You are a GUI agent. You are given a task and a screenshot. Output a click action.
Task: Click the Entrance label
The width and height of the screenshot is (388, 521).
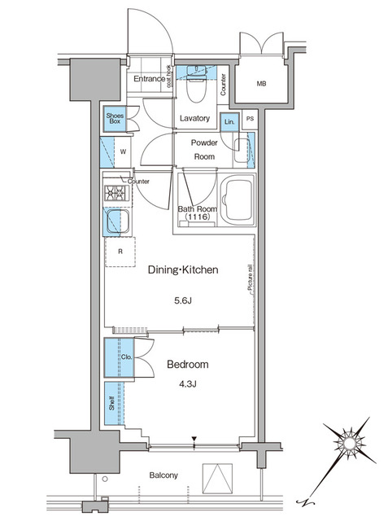coord(149,79)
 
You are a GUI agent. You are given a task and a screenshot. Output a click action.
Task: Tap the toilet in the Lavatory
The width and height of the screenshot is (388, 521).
coord(193,82)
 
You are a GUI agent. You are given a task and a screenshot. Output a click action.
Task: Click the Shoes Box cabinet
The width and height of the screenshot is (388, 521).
coord(113,120)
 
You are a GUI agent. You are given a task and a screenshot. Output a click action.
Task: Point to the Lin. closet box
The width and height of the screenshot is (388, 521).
coord(229,121)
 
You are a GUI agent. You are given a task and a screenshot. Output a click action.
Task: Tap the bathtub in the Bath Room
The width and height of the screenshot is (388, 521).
coord(238,200)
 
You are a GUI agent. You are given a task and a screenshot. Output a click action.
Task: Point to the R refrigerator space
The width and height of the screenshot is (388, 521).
coord(120,252)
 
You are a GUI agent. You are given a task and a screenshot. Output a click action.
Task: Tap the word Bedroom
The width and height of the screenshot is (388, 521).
coord(188,364)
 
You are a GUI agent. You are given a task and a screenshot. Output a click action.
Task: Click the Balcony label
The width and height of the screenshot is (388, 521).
coord(163,475)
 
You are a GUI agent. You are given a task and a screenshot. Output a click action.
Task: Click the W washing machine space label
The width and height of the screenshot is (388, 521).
coord(123,151)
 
